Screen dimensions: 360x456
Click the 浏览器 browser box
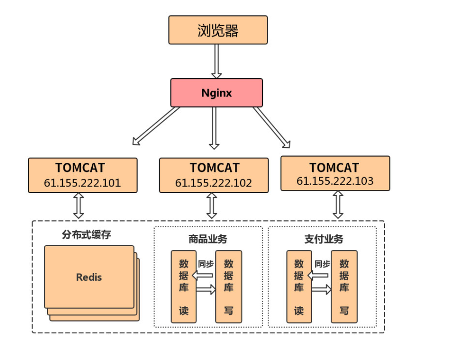pyautogui.click(x=218, y=30)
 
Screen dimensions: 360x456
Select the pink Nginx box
pyautogui.click(x=216, y=93)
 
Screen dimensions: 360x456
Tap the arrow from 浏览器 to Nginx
pyautogui.click(x=216, y=61)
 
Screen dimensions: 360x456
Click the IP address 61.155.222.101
pyautogui.click(x=82, y=182)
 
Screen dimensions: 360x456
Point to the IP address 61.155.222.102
pyautogui.click(x=213, y=183)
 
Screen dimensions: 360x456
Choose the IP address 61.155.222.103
pyautogui.click(x=335, y=181)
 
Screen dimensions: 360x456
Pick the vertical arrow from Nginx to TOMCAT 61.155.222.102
pyautogui.click(x=214, y=127)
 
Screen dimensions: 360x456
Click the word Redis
pyautogui.click(x=89, y=277)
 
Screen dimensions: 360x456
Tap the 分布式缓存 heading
pyautogui.click(x=87, y=235)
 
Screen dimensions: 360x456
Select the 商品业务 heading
pyautogui.click(x=208, y=239)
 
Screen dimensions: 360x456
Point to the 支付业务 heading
pyautogui.click(x=323, y=239)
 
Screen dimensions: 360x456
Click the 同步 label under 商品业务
pyautogui.click(x=206, y=264)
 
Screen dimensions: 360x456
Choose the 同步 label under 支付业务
pyautogui.click(x=322, y=264)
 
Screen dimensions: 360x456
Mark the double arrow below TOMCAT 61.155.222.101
pyautogui.click(x=78, y=205)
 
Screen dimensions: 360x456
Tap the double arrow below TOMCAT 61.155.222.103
pyautogui.click(x=338, y=204)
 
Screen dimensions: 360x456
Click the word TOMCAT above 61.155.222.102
pyautogui.click(x=214, y=168)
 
